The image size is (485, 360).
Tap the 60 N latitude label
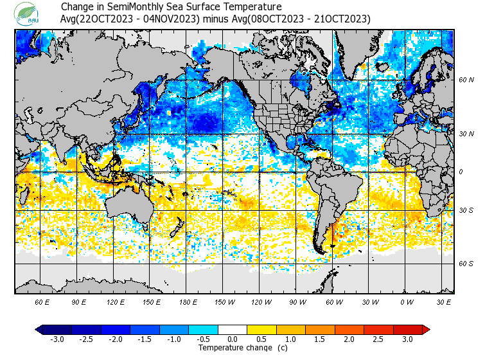point(466,80)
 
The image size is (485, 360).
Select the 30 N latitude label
point(466,134)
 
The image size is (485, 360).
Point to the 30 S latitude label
point(466,210)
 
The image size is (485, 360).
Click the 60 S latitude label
point(466,264)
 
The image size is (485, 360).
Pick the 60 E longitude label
point(42,301)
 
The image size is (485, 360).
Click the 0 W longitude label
point(407,301)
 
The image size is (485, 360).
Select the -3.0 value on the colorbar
point(56,339)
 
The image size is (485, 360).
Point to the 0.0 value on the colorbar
point(233,339)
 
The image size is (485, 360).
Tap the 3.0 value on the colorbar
point(408,339)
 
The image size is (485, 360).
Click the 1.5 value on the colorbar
point(320,339)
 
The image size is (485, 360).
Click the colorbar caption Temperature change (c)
point(233,348)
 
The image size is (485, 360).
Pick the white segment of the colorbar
point(233,329)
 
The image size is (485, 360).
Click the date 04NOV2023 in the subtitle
point(168,19)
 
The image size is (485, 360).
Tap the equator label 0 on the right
point(461,172)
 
